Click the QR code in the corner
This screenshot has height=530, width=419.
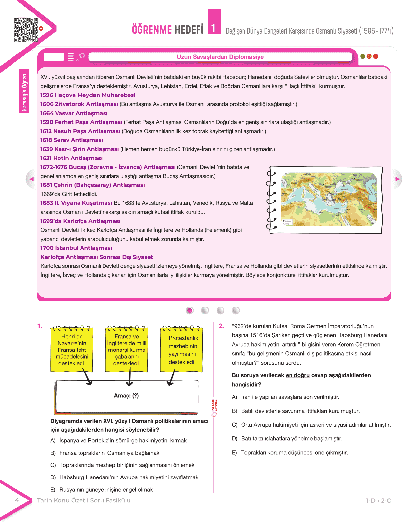tap(26, 30)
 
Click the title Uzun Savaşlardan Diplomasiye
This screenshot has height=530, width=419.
tap(220, 57)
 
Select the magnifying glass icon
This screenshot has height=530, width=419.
tap(81, 57)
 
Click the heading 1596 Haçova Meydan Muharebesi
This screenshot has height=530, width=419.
tap(88, 95)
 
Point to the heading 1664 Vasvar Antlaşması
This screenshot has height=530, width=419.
tap(74, 113)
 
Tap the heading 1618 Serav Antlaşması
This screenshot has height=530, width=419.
tap(72, 140)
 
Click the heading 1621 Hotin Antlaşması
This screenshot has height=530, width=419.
tap(71, 158)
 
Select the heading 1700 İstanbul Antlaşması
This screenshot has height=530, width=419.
tap(76, 248)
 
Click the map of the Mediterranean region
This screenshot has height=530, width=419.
tap(329, 199)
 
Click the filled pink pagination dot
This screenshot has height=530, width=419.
tap(190, 310)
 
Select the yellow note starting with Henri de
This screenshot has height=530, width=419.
tap(72, 350)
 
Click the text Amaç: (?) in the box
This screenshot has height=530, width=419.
tap(127, 396)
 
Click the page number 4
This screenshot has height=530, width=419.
tap(17, 500)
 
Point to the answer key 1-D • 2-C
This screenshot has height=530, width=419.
tap(378, 501)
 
